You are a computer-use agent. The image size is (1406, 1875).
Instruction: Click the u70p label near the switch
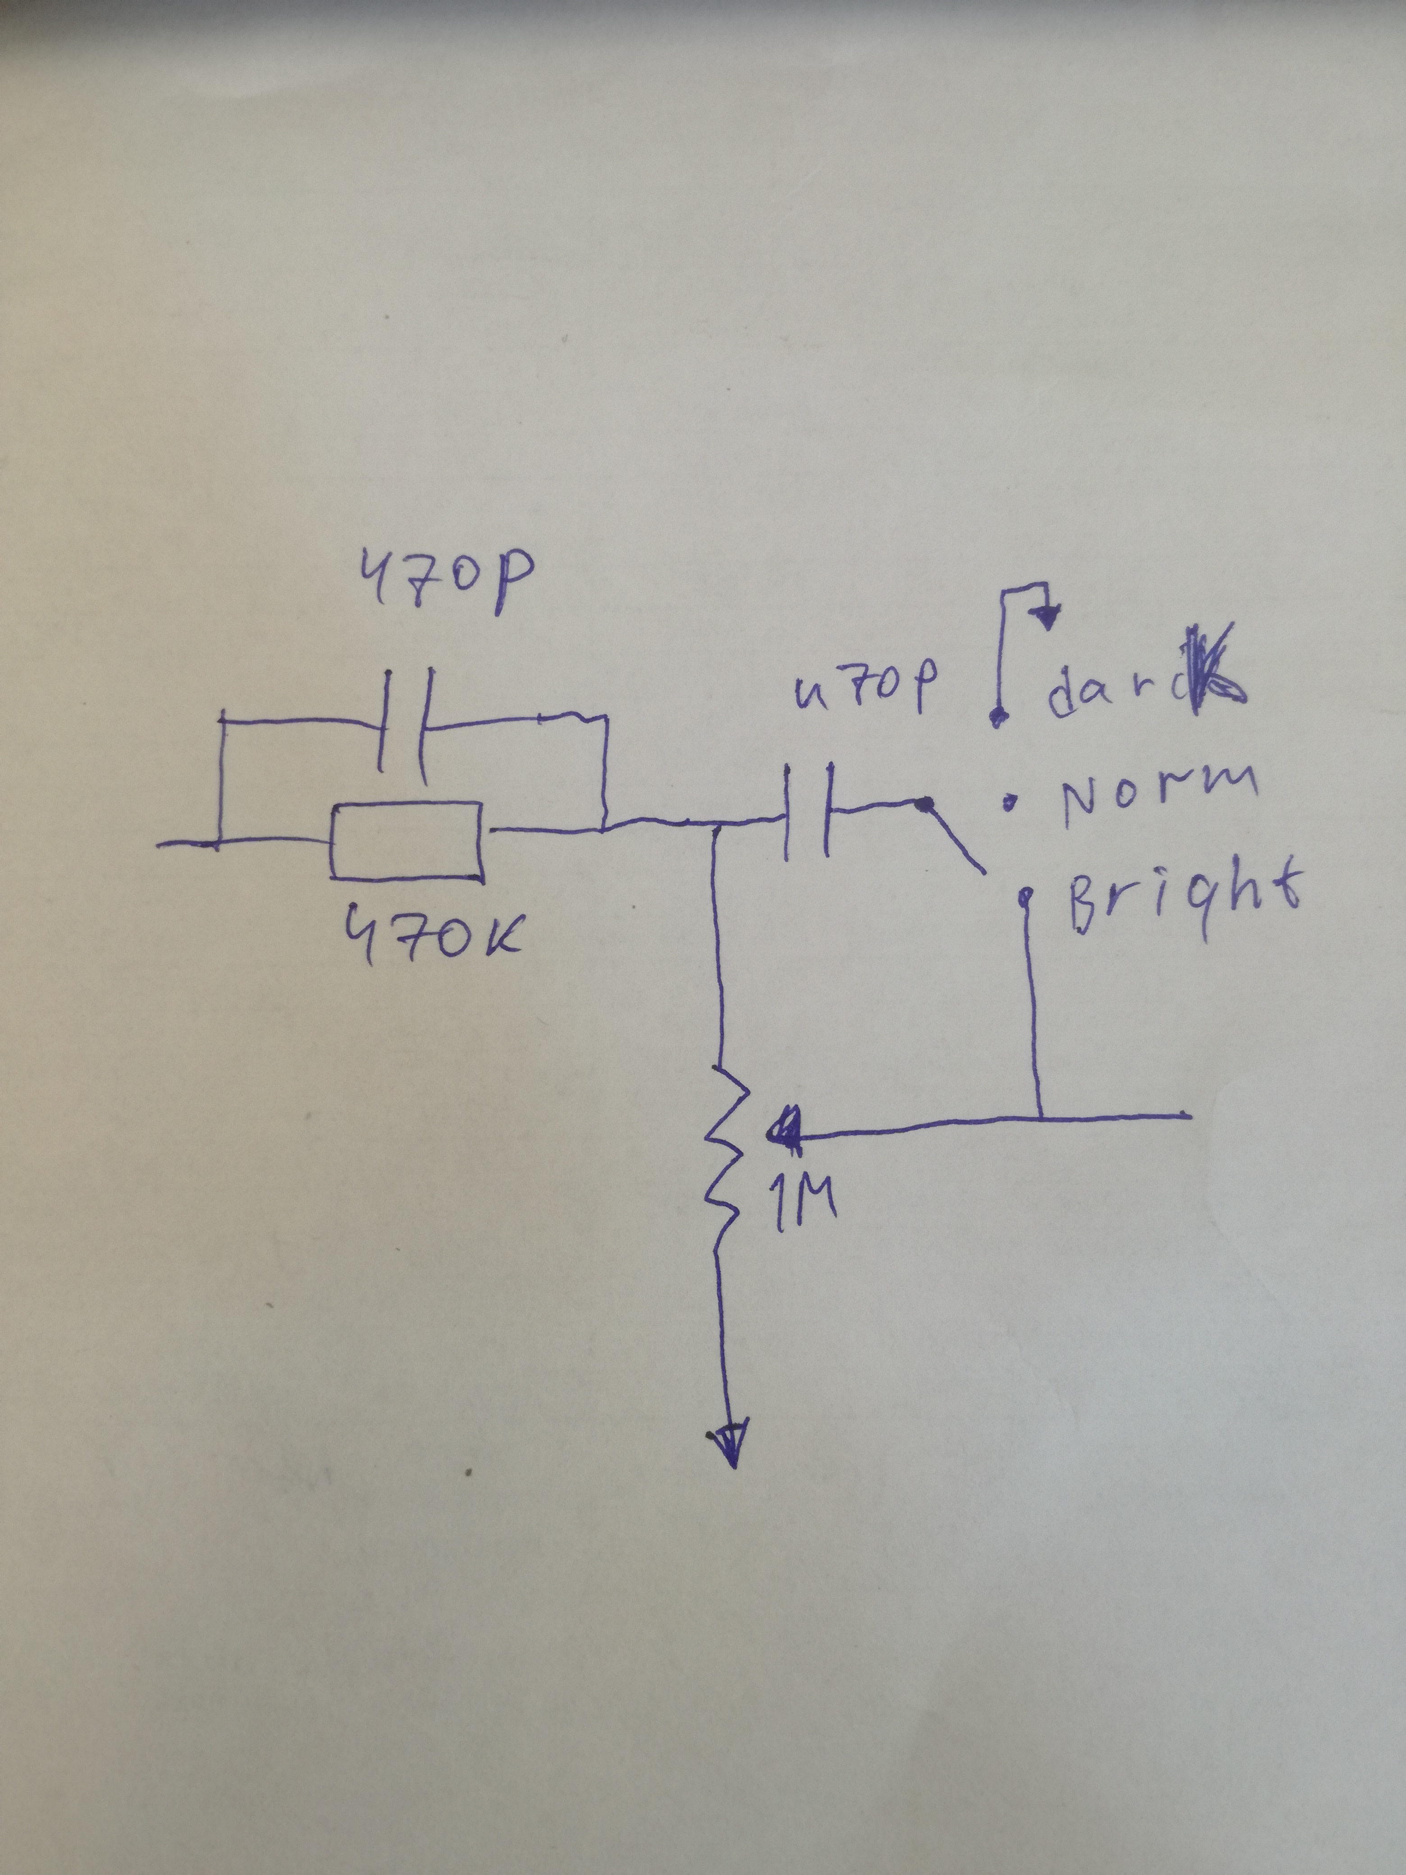864,688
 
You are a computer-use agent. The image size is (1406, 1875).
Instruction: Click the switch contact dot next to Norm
1009,799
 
